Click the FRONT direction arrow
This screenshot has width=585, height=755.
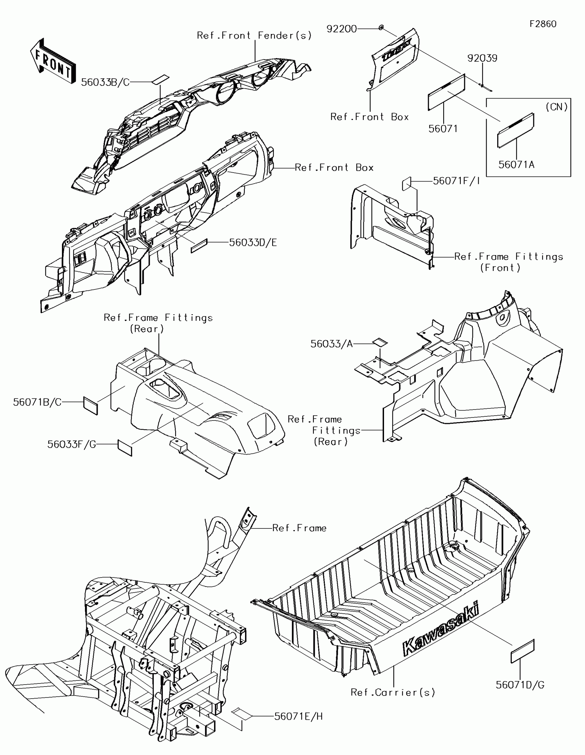coord(53,62)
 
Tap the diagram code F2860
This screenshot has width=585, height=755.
coord(543,24)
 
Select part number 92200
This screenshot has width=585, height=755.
coord(341,29)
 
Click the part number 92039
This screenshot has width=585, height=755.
coord(482,58)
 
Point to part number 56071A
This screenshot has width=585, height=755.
coord(516,165)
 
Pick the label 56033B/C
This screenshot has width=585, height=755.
coord(105,82)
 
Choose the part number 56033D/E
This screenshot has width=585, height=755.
coord(253,243)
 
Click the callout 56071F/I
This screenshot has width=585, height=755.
coord(456,181)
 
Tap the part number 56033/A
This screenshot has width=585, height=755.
coord(331,343)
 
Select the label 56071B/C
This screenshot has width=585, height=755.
coord(38,402)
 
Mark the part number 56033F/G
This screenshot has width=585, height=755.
coord(72,444)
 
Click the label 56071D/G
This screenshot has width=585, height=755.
coord(520,685)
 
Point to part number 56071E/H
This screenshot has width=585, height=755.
coord(298,716)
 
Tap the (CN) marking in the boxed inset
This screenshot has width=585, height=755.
coord(557,107)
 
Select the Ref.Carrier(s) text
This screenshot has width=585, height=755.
coord(393,692)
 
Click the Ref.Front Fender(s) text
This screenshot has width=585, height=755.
coord(254,35)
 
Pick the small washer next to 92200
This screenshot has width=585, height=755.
coord(381,28)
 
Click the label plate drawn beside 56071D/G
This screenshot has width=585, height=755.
coord(522,651)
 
